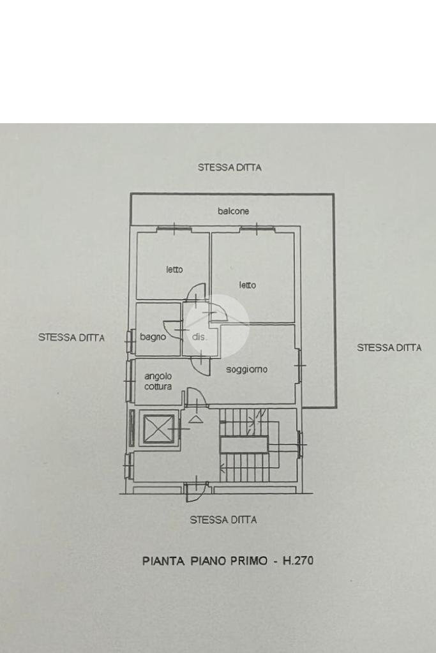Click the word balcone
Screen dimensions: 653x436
click(233, 211)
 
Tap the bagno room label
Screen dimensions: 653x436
click(153, 336)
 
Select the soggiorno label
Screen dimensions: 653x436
click(246, 370)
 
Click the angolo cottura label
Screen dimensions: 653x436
click(157, 382)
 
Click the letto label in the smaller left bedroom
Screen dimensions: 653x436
click(174, 270)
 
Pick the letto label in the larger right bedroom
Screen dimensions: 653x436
click(248, 285)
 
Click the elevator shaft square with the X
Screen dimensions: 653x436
click(157, 429)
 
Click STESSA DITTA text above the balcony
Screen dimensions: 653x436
click(229, 168)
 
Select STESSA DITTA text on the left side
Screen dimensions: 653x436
click(71, 338)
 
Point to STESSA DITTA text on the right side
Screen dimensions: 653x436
click(389, 348)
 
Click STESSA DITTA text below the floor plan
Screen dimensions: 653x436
click(223, 520)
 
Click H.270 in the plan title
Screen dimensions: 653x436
click(299, 562)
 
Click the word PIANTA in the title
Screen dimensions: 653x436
click(163, 562)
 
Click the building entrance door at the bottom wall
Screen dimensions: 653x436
click(195, 490)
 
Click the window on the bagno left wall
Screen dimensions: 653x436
click(131, 342)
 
